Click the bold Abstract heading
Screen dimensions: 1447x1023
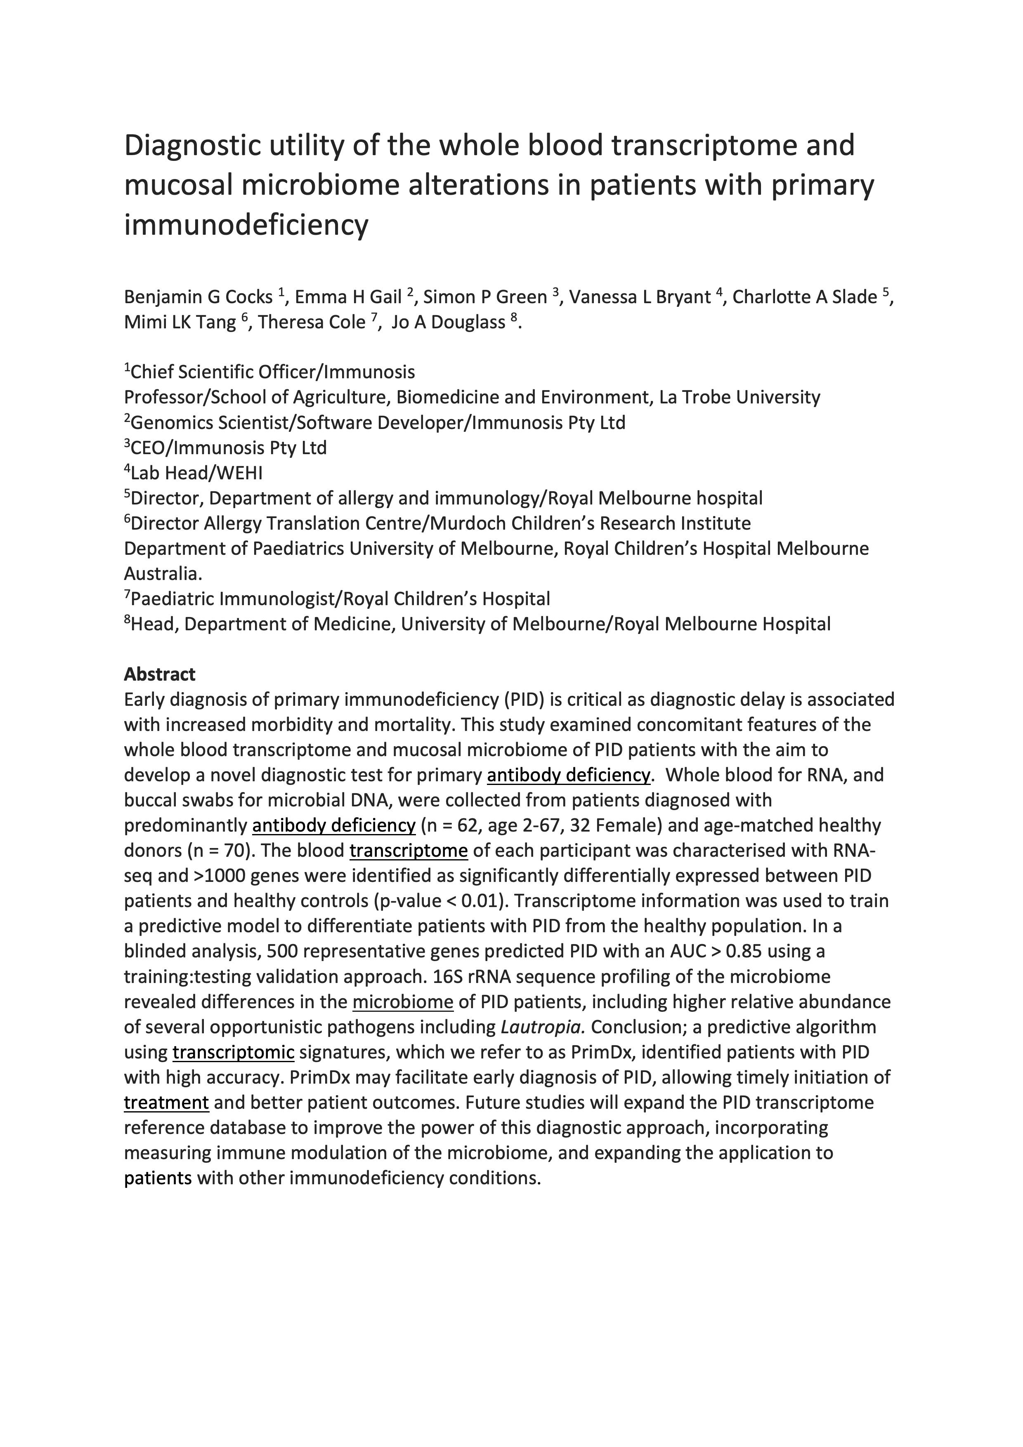(159, 674)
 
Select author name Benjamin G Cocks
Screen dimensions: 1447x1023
(198, 297)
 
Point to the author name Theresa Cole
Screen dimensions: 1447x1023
(312, 322)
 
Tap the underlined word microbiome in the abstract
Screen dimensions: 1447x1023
(403, 1002)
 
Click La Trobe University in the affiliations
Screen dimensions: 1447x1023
(739, 397)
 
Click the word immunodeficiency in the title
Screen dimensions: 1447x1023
(246, 225)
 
